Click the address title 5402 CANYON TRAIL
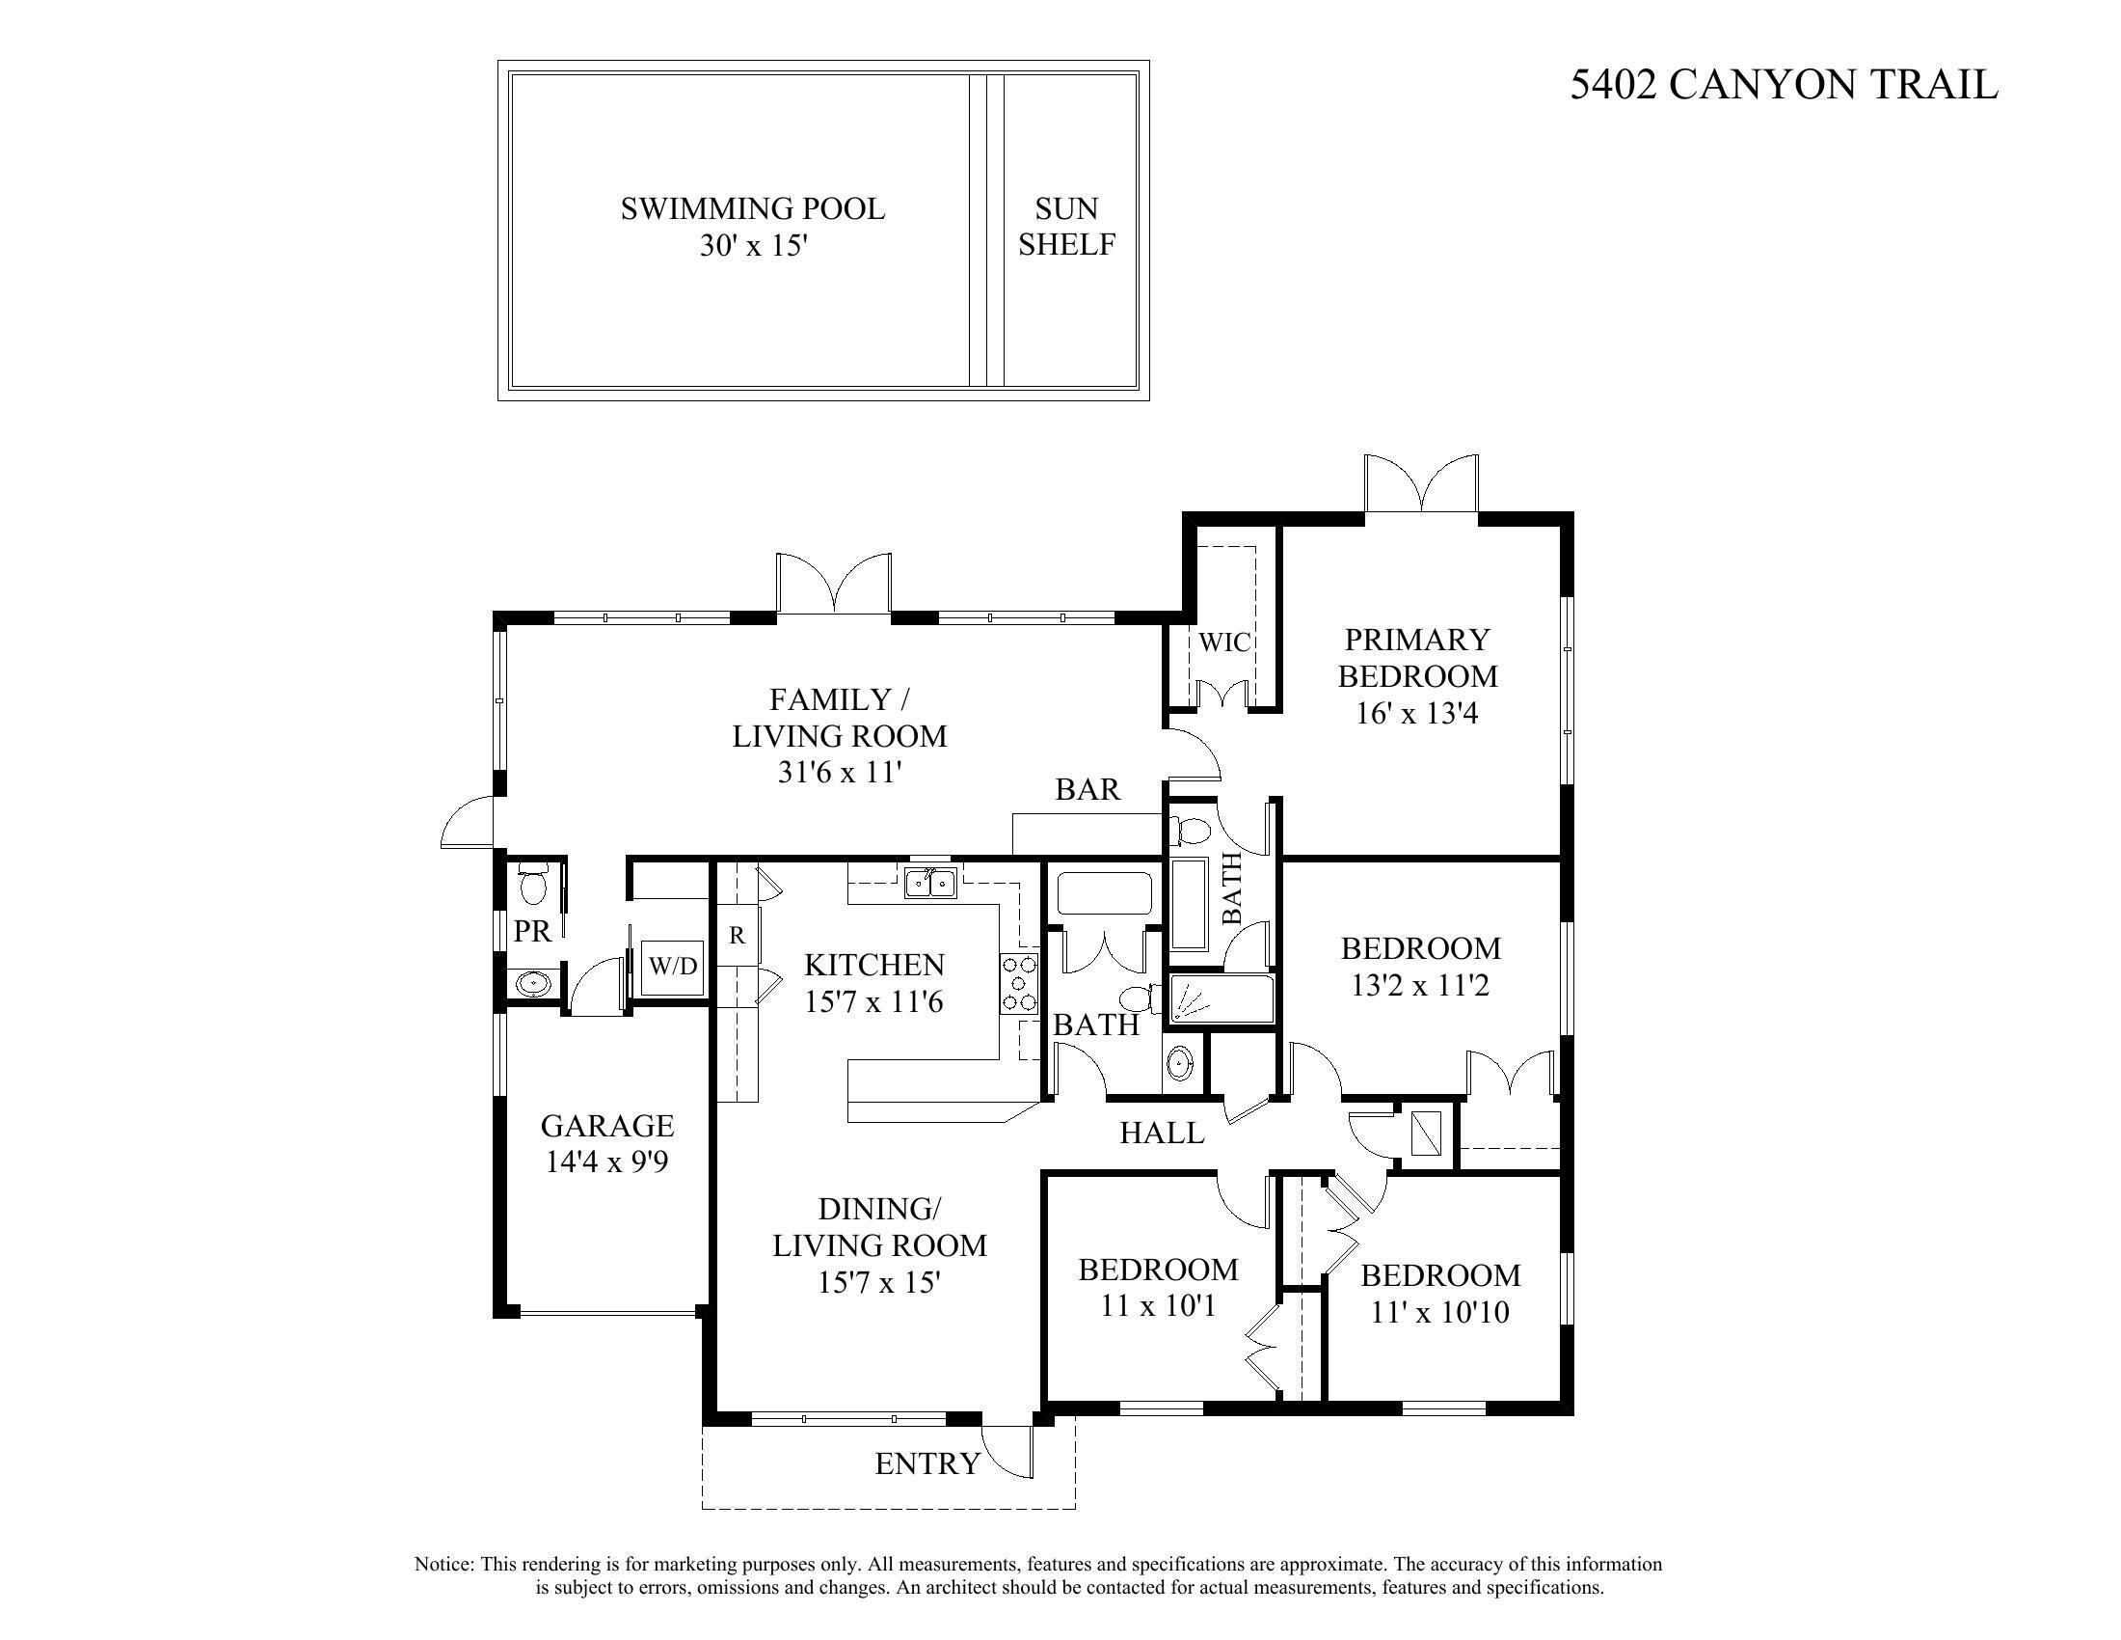(x=1784, y=85)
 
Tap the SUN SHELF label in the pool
(x=1066, y=227)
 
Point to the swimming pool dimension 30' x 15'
(x=754, y=245)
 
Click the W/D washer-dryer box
(x=673, y=967)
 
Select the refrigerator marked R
(x=738, y=935)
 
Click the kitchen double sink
(x=930, y=883)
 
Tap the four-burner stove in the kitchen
(x=1019, y=984)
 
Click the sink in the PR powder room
(x=532, y=983)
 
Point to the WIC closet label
(x=1223, y=642)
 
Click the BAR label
(x=1087, y=789)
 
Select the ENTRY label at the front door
(x=927, y=1464)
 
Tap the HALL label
(x=1162, y=1132)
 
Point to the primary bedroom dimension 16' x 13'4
(x=1417, y=713)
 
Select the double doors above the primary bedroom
(x=1421, y=483)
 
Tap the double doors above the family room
(x=833, y=583)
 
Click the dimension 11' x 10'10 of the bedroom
(x=1440, y=1313)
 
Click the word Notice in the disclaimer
(x=443, y=1564)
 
